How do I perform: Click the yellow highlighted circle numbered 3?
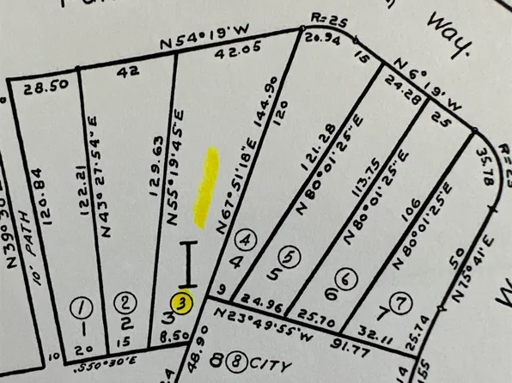pos(181,301)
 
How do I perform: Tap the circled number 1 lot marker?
pos(83,306)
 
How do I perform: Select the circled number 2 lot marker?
pos(126,301)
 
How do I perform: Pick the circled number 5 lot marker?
pos(290,255)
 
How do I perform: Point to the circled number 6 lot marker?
pos(345,278)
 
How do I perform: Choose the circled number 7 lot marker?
pos(398,301)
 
